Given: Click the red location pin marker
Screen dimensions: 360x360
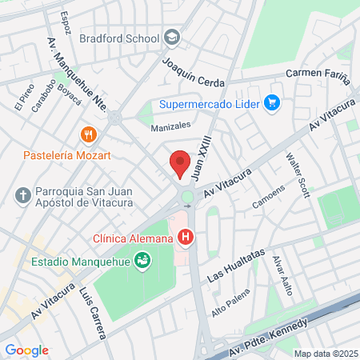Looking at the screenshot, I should [x=181, y=164].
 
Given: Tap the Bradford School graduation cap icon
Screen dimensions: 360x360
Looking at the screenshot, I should [x=172, y=37].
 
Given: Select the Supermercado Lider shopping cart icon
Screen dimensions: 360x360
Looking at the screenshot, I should [x=273, y=102].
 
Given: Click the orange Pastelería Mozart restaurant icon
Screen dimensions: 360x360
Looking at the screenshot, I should [x=89, y=135].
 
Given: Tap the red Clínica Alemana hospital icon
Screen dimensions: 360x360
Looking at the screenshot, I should [x=186, y=237].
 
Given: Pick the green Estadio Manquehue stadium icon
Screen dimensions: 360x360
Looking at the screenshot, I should [x=142, y=260].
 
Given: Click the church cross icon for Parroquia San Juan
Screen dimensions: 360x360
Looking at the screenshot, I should [x=23, y=194].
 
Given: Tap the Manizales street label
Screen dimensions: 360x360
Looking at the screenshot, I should [x=171, y=126].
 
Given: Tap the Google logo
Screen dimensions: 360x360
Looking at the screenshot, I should [x=26, y=350].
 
